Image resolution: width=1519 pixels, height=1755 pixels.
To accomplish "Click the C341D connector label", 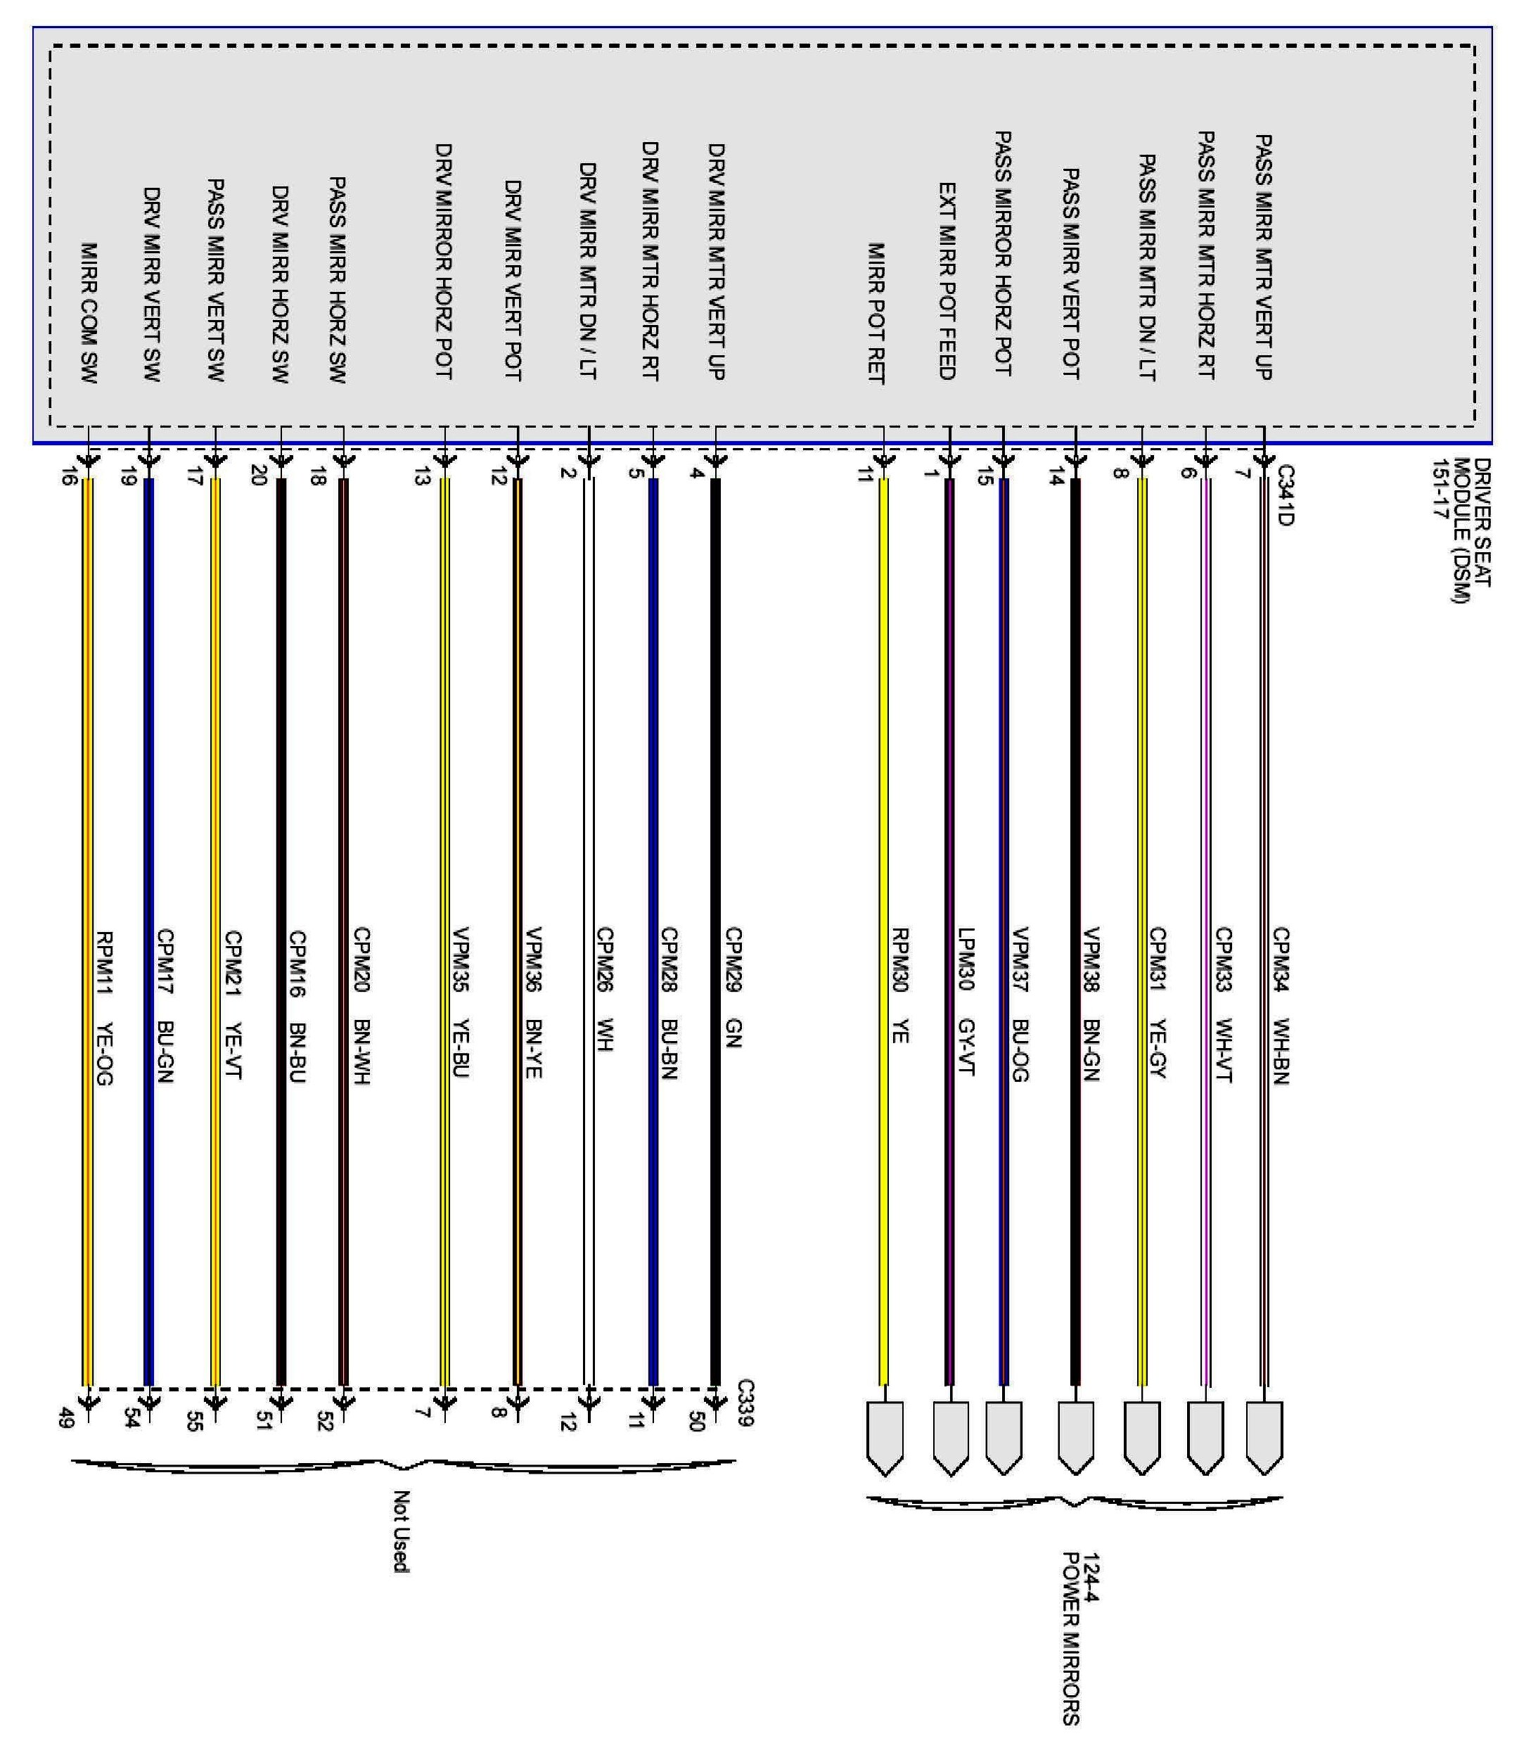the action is pos(1285,495).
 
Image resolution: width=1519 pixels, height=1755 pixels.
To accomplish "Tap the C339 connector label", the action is pos(745,1403).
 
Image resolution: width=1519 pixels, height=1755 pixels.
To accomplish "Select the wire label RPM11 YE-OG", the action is pos(104,1008).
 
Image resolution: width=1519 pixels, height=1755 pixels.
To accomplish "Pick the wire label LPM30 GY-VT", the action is pos(966,1001).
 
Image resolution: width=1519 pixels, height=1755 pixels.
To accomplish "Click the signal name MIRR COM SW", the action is pos(89,313).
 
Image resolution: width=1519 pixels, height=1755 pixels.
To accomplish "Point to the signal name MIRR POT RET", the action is pos(876,313).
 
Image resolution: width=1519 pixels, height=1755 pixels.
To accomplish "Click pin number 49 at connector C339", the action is pos(66,1417).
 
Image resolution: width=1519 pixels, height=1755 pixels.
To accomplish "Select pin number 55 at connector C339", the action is pos(194,1422).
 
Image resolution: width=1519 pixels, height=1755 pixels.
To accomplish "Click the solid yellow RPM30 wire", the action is pos(884,931).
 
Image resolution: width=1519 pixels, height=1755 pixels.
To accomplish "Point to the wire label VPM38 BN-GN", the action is pos(1091,1004).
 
